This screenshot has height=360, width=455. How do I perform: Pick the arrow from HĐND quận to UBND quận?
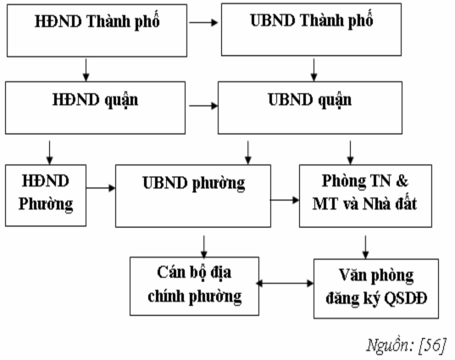[200, 107]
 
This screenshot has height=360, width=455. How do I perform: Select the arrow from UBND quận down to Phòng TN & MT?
[350, 149]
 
